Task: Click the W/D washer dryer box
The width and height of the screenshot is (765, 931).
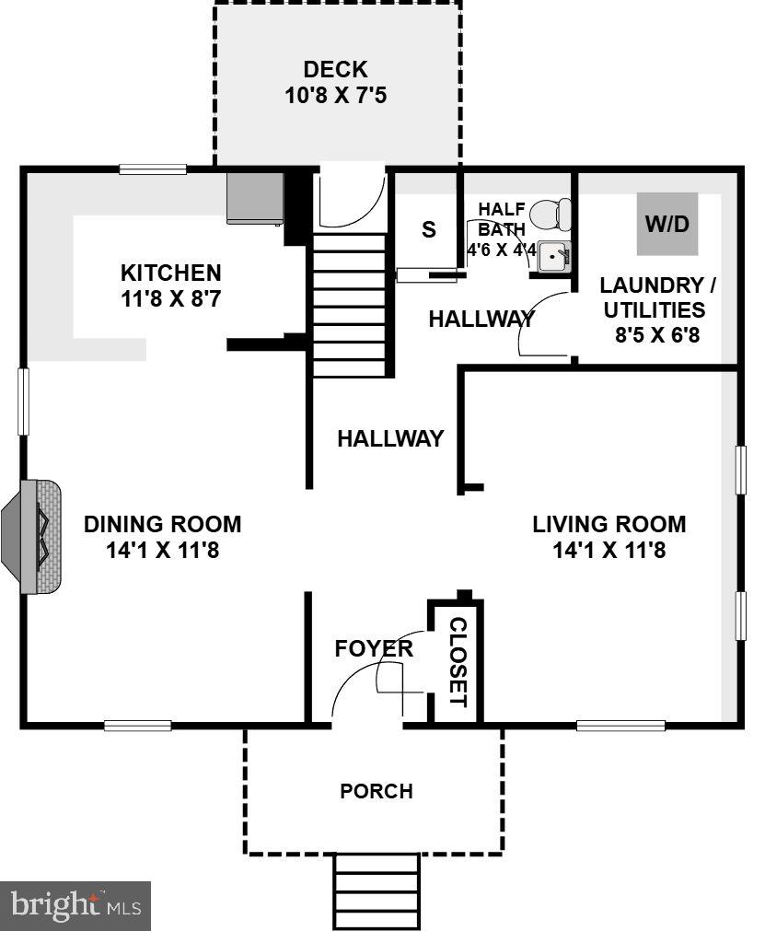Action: tap(667, 224)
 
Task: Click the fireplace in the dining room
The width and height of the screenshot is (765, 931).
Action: tap(37, 536)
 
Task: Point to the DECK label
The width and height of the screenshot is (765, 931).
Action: tap(335, 69)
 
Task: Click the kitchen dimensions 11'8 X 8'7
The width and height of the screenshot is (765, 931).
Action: tap(171, 298)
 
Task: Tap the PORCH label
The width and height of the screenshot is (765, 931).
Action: tap(377, 791)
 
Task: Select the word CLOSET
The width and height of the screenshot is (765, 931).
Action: tap(458, 661)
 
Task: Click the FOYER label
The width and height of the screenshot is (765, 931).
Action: tap(374, 648)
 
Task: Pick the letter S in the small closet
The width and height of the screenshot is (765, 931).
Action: tap(428, 229)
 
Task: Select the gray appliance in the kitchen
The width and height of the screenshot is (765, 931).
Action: tap(255, 198)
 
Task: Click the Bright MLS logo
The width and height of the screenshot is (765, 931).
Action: tap(75, 906)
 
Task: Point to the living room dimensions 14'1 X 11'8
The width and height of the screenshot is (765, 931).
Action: tap(609, 551)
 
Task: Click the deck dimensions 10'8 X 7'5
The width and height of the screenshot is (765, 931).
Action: tap(335, 95)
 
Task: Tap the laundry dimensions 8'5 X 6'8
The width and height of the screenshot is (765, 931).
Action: tap(657, 334)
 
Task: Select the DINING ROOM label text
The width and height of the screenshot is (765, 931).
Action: tap(162, 524)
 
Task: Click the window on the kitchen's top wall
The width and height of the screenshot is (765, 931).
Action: tap(153, 169)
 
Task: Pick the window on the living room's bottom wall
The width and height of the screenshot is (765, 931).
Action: tap(620, 726)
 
